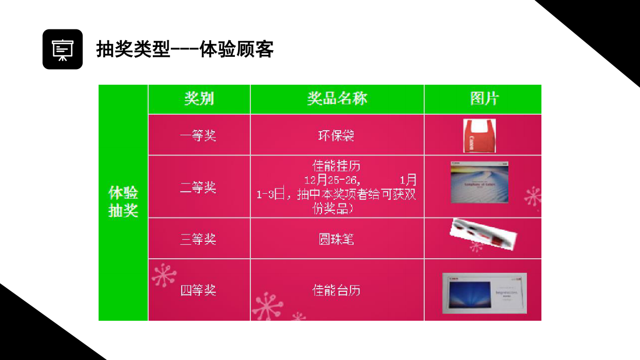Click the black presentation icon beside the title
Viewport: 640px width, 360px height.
pyautogui.click(x=62, y=49)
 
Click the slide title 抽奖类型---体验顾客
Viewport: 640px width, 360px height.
pyautogui.click(x=185, y=49)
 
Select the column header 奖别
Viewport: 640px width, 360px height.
pyautogui.click(x=199, y=99)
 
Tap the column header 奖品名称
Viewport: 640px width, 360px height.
pyautogui.click(x=337, y=99)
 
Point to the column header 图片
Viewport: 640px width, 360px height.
pyautogui.click(x=484, y=99)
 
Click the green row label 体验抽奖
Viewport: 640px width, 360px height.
pyautogui.click(x=123, y=201)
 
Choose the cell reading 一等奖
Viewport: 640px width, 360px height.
pyautogui.click(x=198, y=135)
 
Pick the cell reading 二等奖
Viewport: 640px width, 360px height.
pyautogui.click(x=198, y=187)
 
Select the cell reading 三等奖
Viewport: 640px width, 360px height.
pyautogui.click(x=198, y=239)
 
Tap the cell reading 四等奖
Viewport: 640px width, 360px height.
pyautogui.click(x=198, y=290)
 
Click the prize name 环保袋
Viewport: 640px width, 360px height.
pyautogui.click(x=337, y=135)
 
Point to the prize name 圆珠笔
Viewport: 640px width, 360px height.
pyautogui.click(x=337, y=239)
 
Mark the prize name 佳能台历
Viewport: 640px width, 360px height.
pyautogui.click(x=337, y=290)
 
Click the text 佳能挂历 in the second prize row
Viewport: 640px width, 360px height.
pyautogui.click(x=337, y=166)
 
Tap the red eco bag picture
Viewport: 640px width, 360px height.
pyautogui.click(x=479, y=135)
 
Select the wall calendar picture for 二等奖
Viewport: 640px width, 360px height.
pyautogui.click(x=479, y=182)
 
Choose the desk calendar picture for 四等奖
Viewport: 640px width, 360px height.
pyautogui.click(x=484, y=293)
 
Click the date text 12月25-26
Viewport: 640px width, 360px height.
pyautogui.click(x=330, y=180)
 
